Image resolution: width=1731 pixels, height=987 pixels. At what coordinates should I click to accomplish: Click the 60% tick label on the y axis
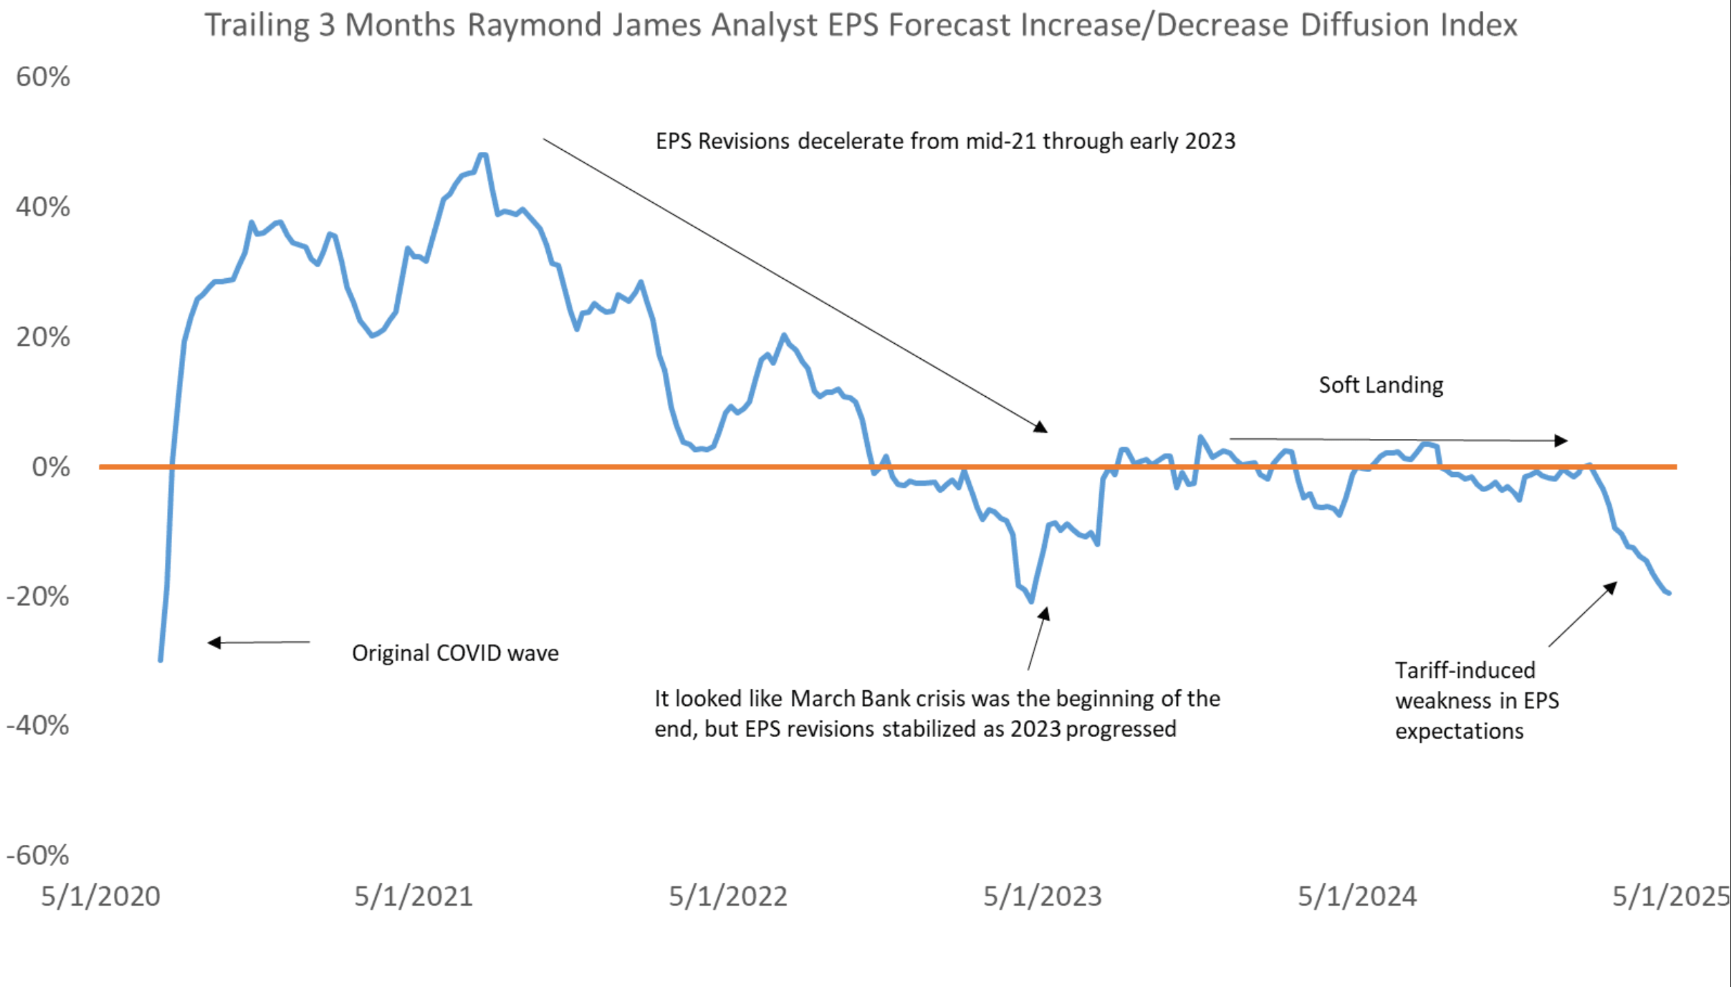tap(43, 77)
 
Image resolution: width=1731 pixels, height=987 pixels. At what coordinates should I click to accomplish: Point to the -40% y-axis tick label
tap(38, 725)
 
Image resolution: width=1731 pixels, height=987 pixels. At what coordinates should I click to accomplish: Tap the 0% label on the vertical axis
tap(50, 467)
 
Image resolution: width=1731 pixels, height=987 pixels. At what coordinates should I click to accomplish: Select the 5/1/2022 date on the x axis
tap(728, 896)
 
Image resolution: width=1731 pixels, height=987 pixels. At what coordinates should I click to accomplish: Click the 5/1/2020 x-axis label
tap(101, 896)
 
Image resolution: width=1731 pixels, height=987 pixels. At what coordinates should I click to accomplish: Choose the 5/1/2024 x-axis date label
tap(1357, 896)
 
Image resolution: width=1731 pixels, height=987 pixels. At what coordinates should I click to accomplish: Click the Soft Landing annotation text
tap(1380, 384)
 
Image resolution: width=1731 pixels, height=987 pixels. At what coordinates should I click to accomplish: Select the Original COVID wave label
tap(455, 653)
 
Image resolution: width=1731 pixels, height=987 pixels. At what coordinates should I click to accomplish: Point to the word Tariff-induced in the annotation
tap(1464, 670)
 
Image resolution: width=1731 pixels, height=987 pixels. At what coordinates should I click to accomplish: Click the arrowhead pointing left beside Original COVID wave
tap(214, 643)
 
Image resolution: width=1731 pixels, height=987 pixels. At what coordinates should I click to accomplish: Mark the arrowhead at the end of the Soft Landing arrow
tap(1560, 440)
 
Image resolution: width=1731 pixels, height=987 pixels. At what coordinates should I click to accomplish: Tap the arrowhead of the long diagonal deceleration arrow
tap(1041, 427)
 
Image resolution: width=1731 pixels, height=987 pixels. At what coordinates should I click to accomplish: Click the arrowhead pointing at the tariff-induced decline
tap(1610, 587)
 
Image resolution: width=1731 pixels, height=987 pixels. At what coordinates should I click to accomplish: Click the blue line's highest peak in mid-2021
tap(483, 155)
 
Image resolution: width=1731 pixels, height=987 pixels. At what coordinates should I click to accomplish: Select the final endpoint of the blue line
tap(1669, 593)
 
